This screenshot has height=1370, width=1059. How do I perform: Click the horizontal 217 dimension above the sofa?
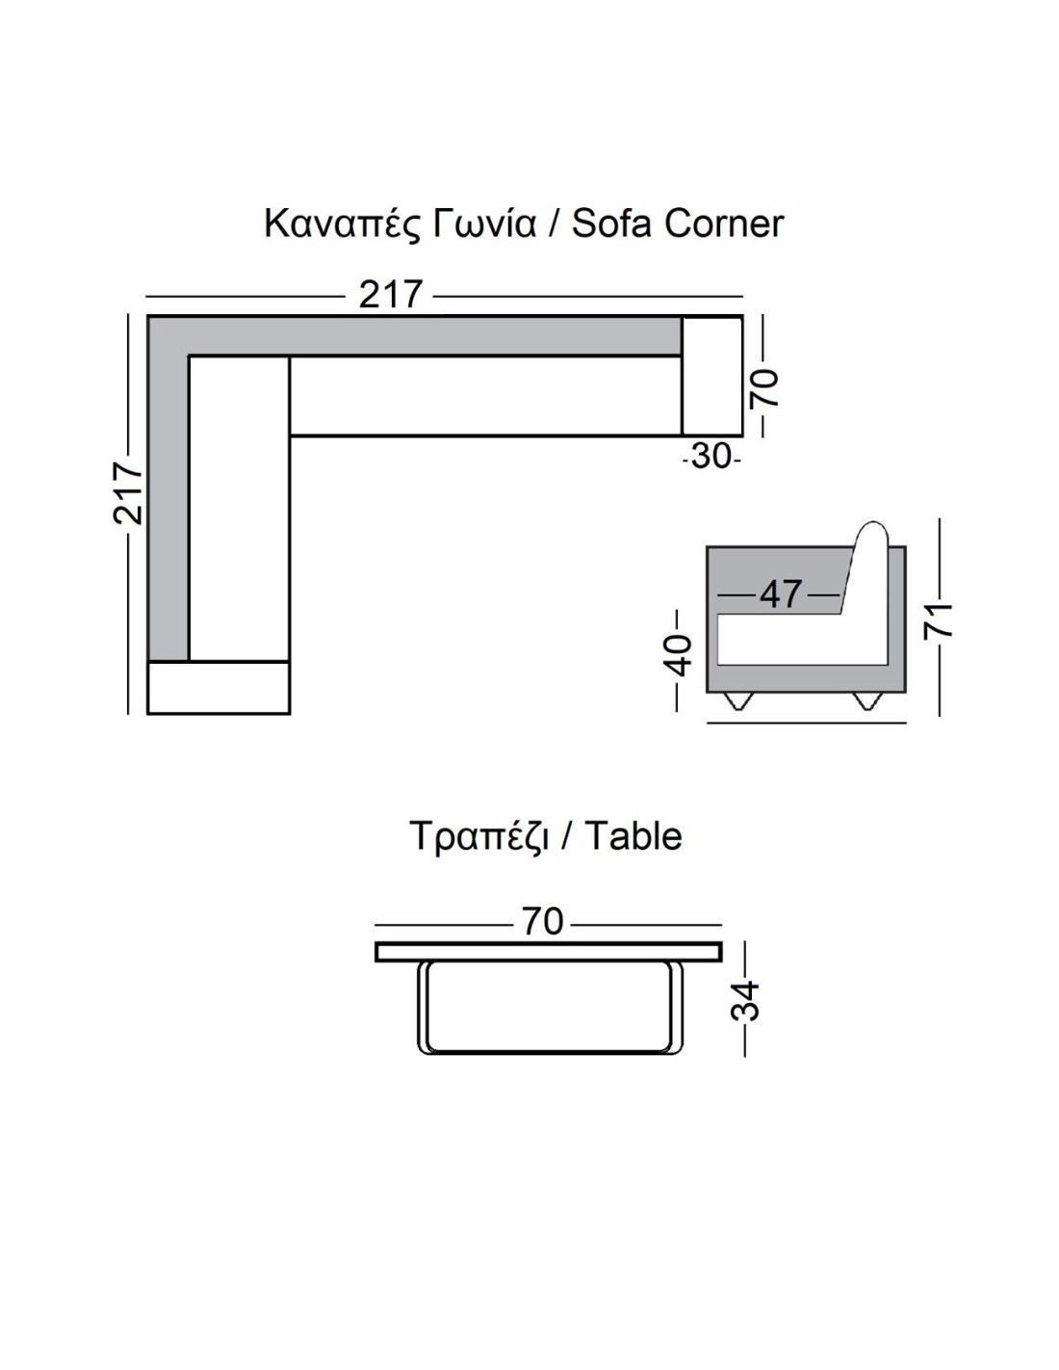point(389,294)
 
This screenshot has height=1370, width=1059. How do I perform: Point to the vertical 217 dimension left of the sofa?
point(128,493)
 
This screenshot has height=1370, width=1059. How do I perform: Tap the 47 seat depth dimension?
point(781,593)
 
